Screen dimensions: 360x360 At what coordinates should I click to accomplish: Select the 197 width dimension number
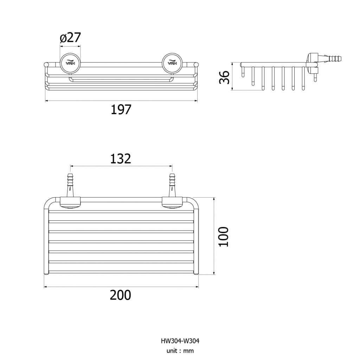coord(121,110)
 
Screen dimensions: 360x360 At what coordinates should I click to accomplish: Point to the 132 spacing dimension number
coord(121,159)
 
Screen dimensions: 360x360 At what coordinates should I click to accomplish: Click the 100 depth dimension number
coord(224,237)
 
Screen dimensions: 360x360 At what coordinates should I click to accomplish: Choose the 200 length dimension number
coord(121,295)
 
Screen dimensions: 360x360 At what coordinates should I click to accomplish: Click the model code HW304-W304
coord(180,341)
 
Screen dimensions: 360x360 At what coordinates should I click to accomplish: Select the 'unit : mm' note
coord(180,351)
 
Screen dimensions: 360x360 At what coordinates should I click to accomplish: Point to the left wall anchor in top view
coord(70,185)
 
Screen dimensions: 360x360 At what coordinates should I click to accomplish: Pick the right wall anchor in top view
coord(172,185)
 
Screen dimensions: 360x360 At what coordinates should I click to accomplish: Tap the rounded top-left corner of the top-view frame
coord(48,202)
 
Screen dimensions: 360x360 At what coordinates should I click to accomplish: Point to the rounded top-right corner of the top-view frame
coord(194,202)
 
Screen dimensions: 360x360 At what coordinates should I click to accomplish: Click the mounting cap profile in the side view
coord(312,61)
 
